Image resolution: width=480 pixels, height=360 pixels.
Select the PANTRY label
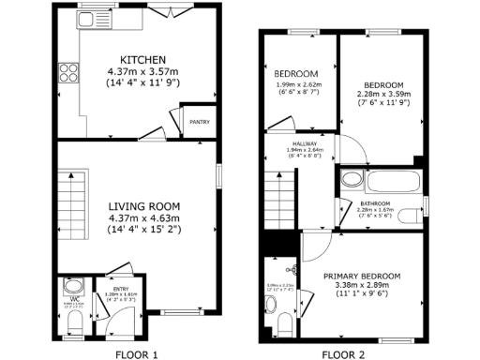point(199,122)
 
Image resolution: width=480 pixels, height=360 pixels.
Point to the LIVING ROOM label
point(142,207)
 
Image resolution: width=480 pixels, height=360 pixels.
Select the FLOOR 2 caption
point(344,355)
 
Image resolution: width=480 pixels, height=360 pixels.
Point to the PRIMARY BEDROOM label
point(362,276)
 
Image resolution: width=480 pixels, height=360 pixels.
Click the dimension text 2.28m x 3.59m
point(383,93)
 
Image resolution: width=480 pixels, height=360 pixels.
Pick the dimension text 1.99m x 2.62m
point(296,85)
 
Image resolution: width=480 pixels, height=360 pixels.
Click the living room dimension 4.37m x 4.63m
point(142,218)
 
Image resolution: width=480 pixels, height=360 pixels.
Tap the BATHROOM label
point(376,203)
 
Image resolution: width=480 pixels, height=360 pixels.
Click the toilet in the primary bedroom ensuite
point(286,324)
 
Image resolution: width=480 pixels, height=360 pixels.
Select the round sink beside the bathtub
point(350,179)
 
